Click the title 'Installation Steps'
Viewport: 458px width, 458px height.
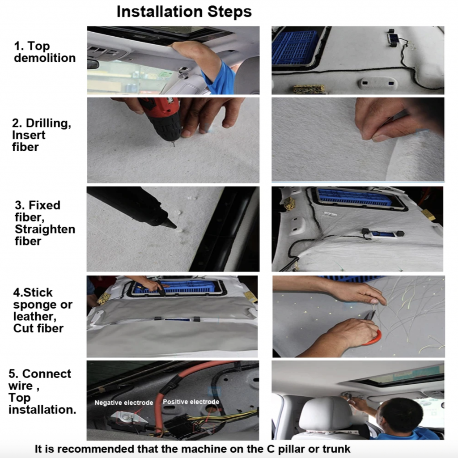(184, 12)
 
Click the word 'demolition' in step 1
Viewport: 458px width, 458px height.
(45, 58)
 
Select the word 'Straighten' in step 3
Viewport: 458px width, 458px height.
(45, 229)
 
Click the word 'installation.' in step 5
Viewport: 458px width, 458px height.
(42, 410)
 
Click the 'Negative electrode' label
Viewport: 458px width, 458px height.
(123, 403)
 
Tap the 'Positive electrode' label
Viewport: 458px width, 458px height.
(191, 402)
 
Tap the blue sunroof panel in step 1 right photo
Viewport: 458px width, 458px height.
(295, 47)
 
